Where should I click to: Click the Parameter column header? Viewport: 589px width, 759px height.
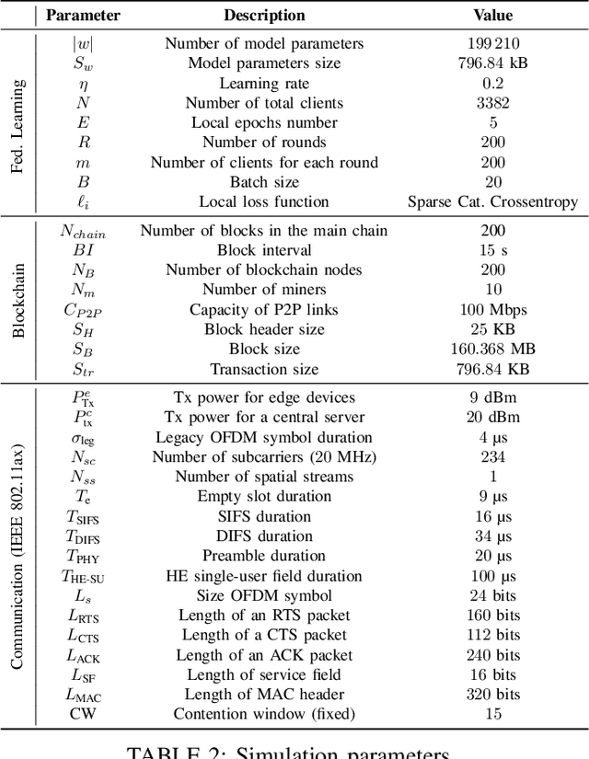point(83,15)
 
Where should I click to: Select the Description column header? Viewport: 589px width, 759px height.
point(264,15)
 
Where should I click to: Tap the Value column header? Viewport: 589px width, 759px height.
point(492,15)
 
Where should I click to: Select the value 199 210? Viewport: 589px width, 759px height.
point(492,43)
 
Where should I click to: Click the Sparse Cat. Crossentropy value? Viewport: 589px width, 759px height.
point(492,201)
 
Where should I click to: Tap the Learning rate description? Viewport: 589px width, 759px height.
point(264,83)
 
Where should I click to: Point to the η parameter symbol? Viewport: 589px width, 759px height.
point(83,84)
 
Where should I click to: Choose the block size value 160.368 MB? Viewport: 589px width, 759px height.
point(492,350)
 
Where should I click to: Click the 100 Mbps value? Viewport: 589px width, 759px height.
point(492,310)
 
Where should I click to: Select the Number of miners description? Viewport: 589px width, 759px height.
point(264,290)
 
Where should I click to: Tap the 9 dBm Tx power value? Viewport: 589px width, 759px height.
point(492,397)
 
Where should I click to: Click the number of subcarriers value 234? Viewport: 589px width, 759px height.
point(492,457)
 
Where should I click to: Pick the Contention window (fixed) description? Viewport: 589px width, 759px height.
point(264,714)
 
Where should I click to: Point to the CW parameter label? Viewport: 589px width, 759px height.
point(83,714)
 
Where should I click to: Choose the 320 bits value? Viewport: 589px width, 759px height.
point(492,695)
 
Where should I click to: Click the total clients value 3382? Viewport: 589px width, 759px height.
point(492,103)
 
